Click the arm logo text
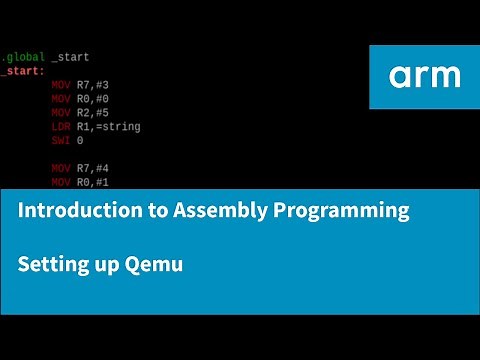(424, 76)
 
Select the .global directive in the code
(20, 58)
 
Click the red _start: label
(21, 72)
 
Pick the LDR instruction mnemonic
(61, 127)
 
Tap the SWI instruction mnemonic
(61, 141)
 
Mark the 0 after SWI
(80, 141)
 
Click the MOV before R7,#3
(61, 86)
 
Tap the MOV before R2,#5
(61, 114)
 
